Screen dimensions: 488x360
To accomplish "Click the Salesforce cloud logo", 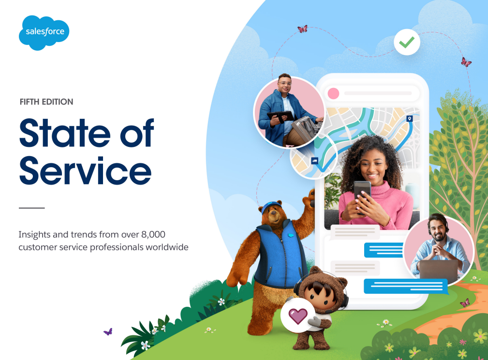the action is (44, 33).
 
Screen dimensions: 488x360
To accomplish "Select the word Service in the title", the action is (85, 171).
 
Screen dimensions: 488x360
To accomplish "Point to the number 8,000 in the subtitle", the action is (153, 234).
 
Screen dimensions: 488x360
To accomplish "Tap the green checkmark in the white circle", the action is (407, 42).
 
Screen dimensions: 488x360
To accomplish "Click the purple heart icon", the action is (298, 316).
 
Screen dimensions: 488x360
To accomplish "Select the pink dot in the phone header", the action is (333, 93).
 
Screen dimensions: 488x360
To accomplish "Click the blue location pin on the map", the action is (410, 118).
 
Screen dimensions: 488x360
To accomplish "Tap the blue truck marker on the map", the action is (315, 161).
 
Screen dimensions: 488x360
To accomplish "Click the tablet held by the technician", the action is (280, 116).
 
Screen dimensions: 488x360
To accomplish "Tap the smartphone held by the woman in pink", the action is (362, 193).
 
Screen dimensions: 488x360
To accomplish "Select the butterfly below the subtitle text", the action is (108, 332).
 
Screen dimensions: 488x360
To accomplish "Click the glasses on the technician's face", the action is (285, 83).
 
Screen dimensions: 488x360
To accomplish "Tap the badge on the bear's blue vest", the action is (291, 235).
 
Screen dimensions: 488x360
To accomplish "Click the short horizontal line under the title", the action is (32, 208).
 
